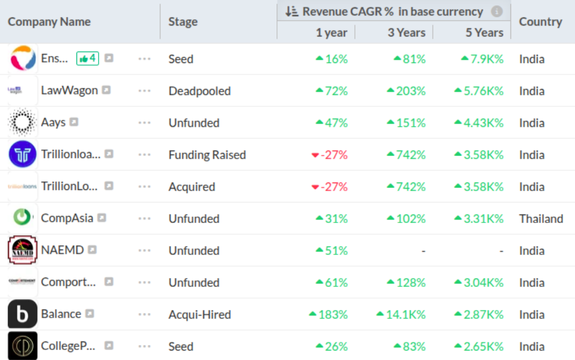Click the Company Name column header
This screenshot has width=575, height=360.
tap(49, 21)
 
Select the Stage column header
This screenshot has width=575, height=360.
tap(182, 21)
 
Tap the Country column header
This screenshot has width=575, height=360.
tap(540, 21)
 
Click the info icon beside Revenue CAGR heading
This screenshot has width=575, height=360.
tap(497, 11)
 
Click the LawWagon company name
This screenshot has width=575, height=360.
tap(68, 91)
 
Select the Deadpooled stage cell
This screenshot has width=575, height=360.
tap(199, 91)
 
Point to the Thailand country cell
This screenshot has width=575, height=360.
tap(541, 219)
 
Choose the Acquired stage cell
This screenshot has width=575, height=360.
tap(190, 187)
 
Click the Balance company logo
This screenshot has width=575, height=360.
tap(22, 315)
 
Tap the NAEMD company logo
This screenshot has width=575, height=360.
tap(22, 251)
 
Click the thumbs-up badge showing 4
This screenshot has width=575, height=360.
tap(87, 59)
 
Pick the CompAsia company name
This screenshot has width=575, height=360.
tap(66, 219)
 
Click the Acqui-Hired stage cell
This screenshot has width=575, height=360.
tap(199, 315)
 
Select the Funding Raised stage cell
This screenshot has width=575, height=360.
tap(206, 155)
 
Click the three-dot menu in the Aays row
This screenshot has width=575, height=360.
tap(144, 123)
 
